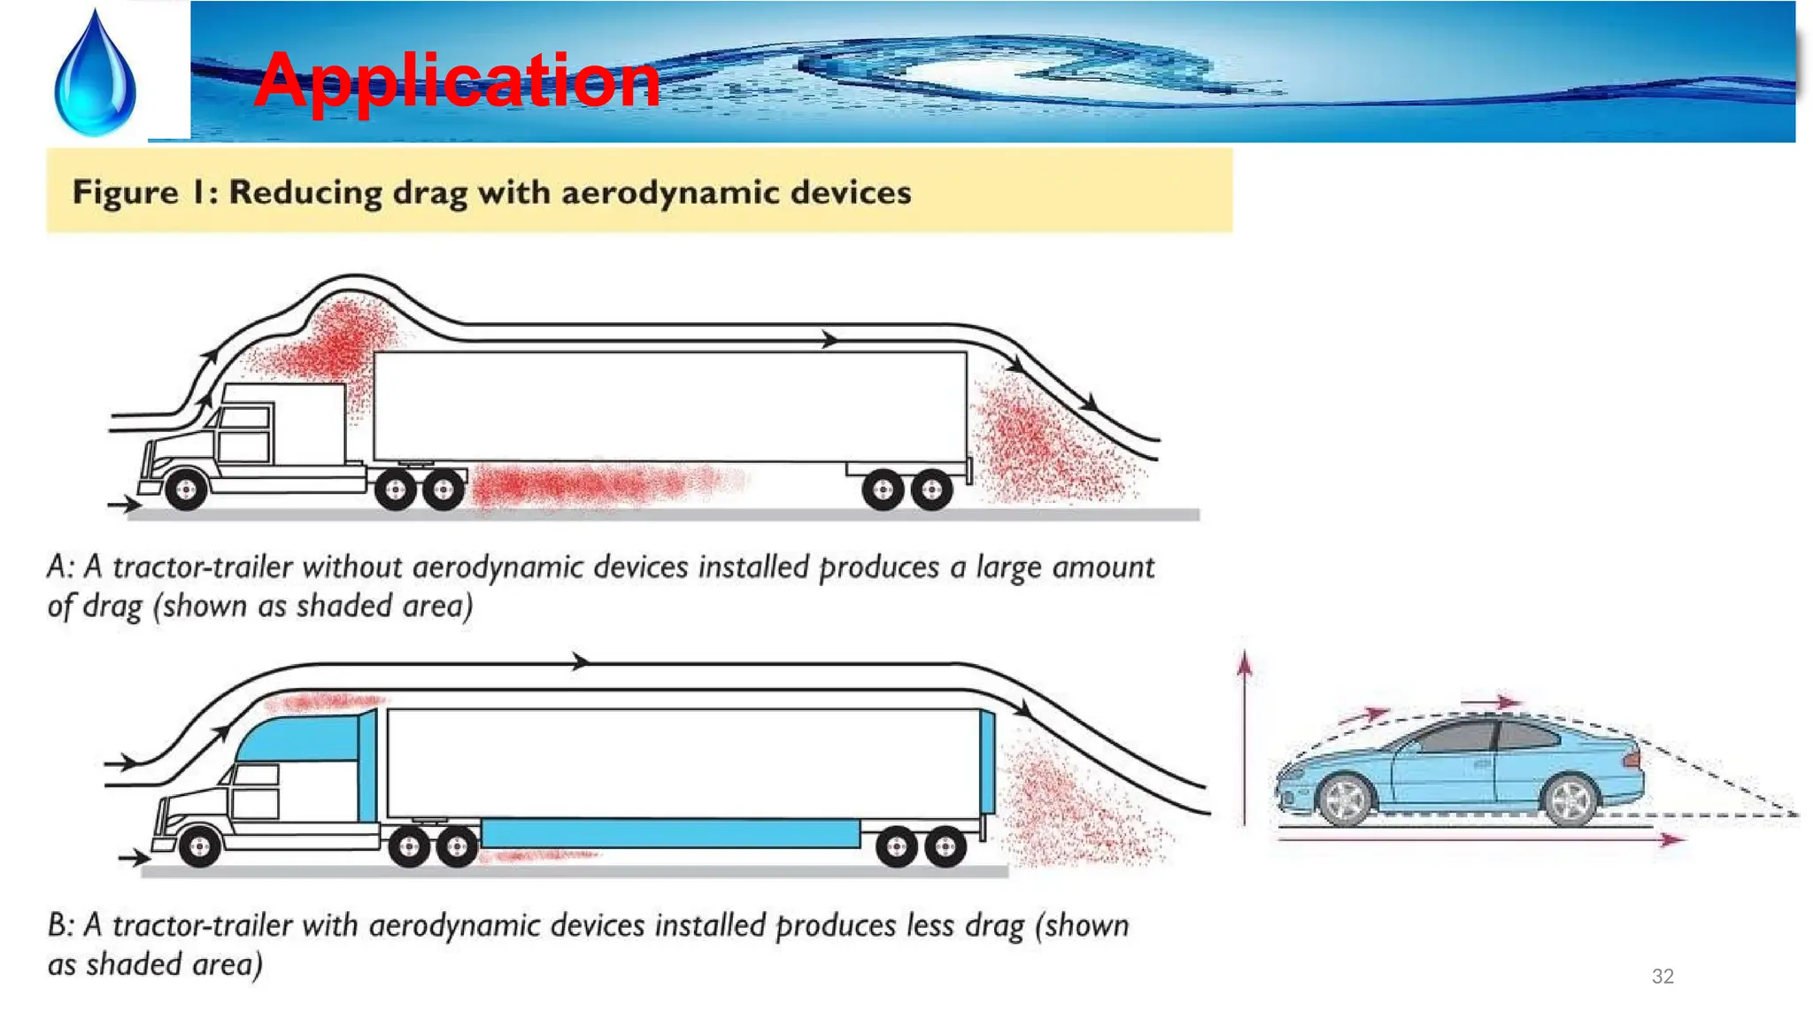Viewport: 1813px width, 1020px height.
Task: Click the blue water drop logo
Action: point(95,75)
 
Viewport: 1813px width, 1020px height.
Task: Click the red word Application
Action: point(457,81)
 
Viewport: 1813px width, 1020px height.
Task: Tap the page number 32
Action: point(1663,976)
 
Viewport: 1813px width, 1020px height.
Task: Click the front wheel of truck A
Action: point(186,491)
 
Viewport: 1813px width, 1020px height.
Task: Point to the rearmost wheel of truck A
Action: point(931,490)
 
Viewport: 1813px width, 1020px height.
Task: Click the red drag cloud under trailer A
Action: point(584,485)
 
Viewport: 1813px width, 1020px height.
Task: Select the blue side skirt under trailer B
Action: point(670,833)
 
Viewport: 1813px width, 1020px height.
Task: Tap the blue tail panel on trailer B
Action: point(987,761)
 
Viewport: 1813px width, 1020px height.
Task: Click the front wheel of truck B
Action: point(199,847)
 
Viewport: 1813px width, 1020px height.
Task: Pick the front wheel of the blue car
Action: point(1345,800)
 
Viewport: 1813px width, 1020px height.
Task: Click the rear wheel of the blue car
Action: point(1571,799)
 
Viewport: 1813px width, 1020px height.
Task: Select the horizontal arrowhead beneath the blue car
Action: point(1671,839)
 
